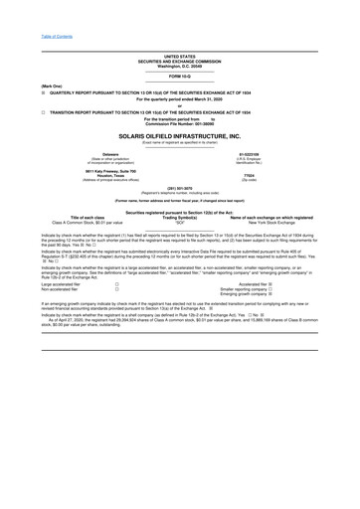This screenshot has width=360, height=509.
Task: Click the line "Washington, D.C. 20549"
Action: coord(180,64)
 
